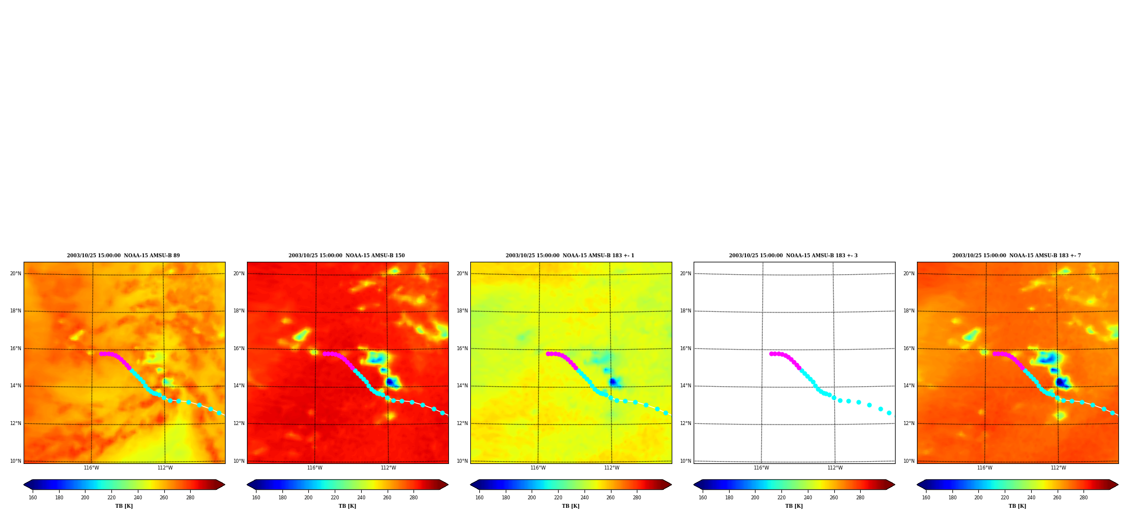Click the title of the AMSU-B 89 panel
click(124, 256)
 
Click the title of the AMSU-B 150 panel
click(347, 256)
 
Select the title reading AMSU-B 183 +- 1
click(570, 256)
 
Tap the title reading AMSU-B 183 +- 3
click(793, 256)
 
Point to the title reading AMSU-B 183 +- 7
click(1017, 256)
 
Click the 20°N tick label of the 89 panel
click(15, 274)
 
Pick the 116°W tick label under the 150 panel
click(314, 468)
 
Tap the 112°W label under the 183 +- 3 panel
click(835, 468)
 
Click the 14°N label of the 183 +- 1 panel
click(462, 386)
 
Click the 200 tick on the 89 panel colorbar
click(85, 498)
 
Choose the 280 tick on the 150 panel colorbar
click(413, 498)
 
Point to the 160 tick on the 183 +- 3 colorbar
click(703, 498)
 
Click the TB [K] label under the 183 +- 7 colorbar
click(1017, 506)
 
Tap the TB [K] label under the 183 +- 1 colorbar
click(570, 506)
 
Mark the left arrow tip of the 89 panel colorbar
click(24, 485)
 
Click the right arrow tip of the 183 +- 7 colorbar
click(1118, 485)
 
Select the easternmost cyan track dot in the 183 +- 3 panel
click(889, 413)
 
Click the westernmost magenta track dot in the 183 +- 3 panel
click(771, 354)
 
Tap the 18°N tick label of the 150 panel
click(239, 311)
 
